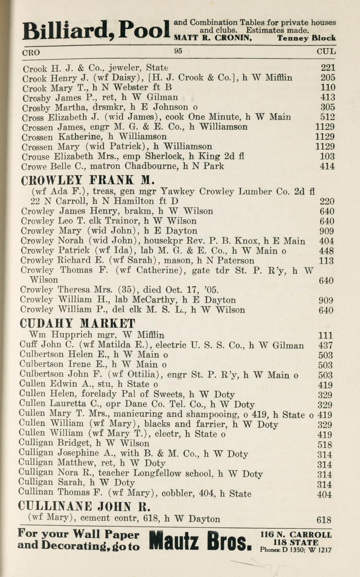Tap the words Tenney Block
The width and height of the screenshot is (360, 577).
click(306, 38)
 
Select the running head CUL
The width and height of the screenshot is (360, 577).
click(326, 52)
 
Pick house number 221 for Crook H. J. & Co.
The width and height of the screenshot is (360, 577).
click(328, 67)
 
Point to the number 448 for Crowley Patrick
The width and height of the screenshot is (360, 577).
click(326, 251)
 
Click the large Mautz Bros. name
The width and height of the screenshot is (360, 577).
click(201, 541)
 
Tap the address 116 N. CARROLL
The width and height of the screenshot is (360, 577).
click(296, 535)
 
